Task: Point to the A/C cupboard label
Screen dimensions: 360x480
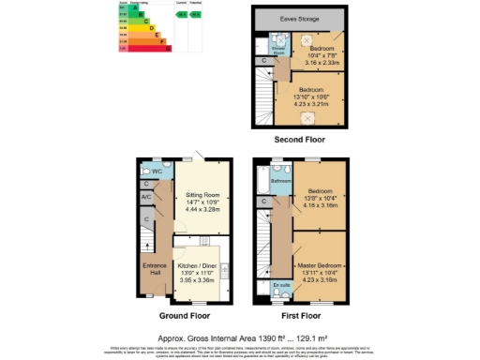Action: [x=146, y=198]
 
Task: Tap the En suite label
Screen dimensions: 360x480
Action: [x=280, y=284]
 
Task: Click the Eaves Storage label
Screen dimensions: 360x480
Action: [x=300, y=19]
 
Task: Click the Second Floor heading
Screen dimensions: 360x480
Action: [x=299, y=140]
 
